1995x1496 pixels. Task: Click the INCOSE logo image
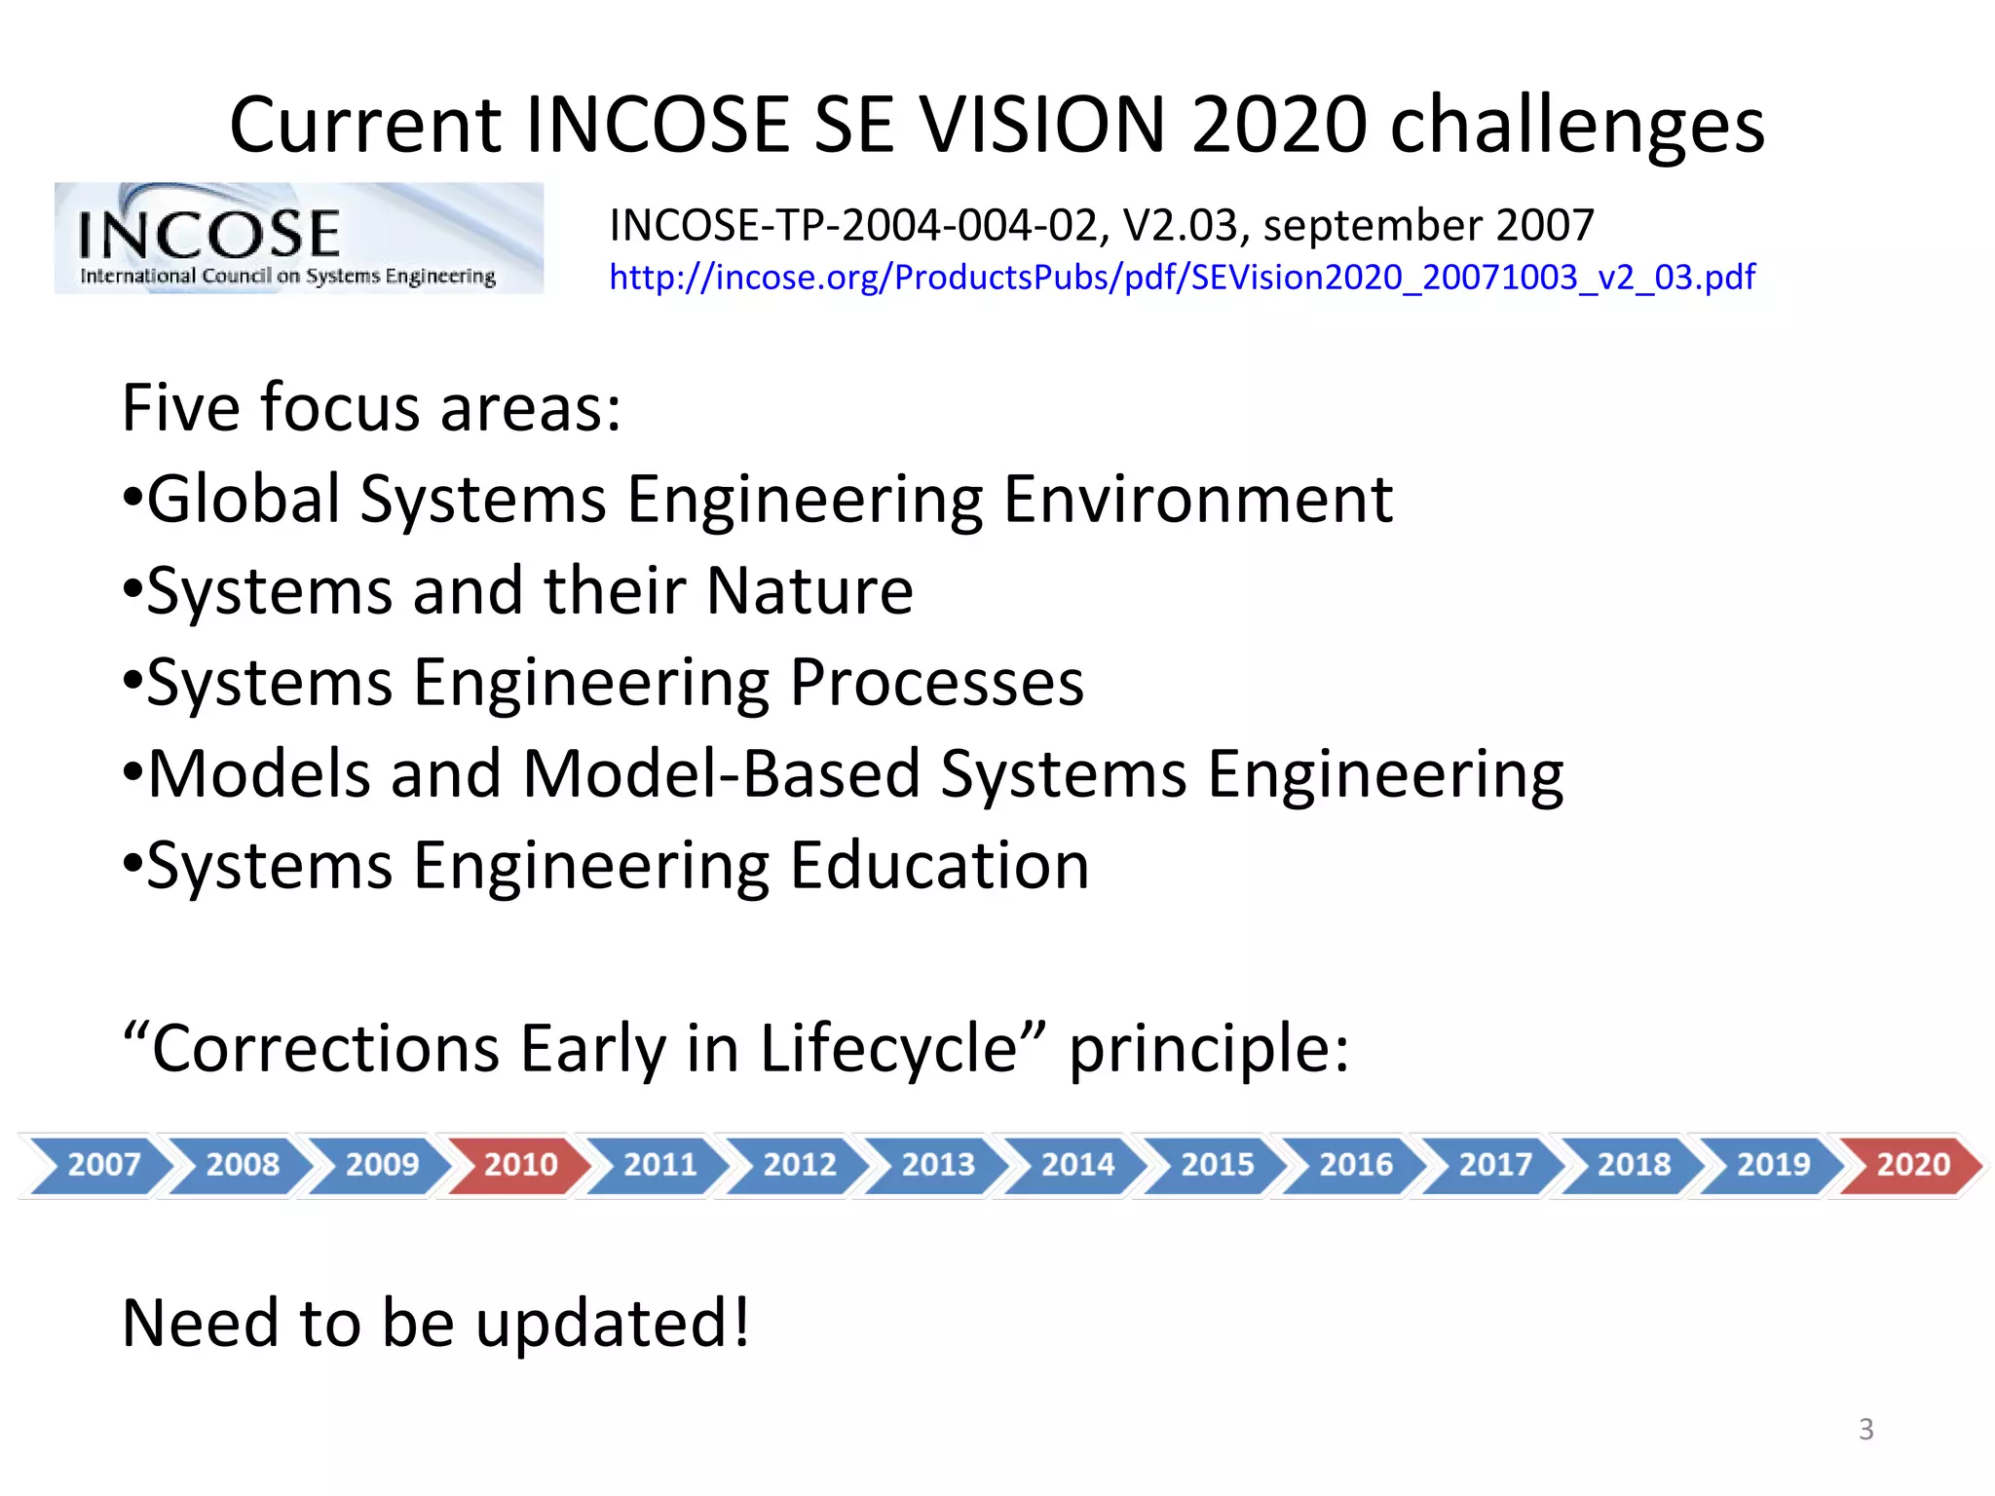pyautogui.click(x=298, y=239)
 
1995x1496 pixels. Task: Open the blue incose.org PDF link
pyautogui.click(x=1182, y=278)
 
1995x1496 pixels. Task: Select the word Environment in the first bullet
pyautogui.click(x=1197, y=500)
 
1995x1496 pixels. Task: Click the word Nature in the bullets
pyautogui.click(x=809, y=590)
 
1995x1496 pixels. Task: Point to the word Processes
pyautogui.click(x=936, y=683)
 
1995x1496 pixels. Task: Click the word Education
pyautogui.click(x=939, y=866)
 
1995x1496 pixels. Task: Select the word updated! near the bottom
pyautogui.click(x=613, y=1325)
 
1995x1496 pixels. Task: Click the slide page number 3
pyautogui.click(x=1865, y=1429)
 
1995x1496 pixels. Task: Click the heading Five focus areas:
pyautogui.click(x=371, y=408)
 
